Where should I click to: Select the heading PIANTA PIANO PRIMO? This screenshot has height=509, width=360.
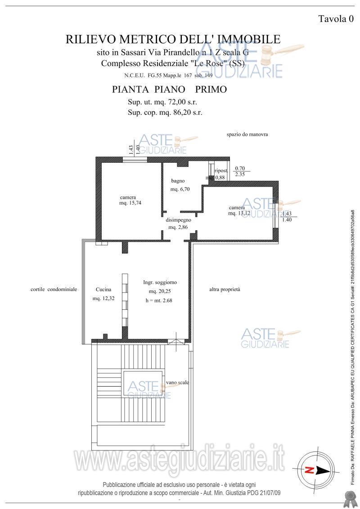[x=169, y=89]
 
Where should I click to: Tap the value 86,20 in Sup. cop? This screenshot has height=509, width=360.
[x=183, y=112]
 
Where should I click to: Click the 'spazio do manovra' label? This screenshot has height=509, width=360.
[x=247, y=134]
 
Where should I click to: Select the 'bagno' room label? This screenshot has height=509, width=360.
[x=178, y=181]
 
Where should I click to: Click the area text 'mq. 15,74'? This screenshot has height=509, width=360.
[x=130, y=203]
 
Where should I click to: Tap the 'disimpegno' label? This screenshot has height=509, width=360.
[x=179, y=220]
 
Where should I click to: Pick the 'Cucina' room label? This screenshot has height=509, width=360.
[x=103, y=290]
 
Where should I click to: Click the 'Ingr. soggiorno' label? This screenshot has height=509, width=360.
[x=160, y=282]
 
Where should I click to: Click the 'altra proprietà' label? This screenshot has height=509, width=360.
[x=225, y=290]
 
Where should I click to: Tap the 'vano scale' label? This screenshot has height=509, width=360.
[x=177, y=382]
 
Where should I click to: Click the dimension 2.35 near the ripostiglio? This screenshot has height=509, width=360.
[x=239, y=174]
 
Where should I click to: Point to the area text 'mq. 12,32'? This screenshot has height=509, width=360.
[x=104, y=299]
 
